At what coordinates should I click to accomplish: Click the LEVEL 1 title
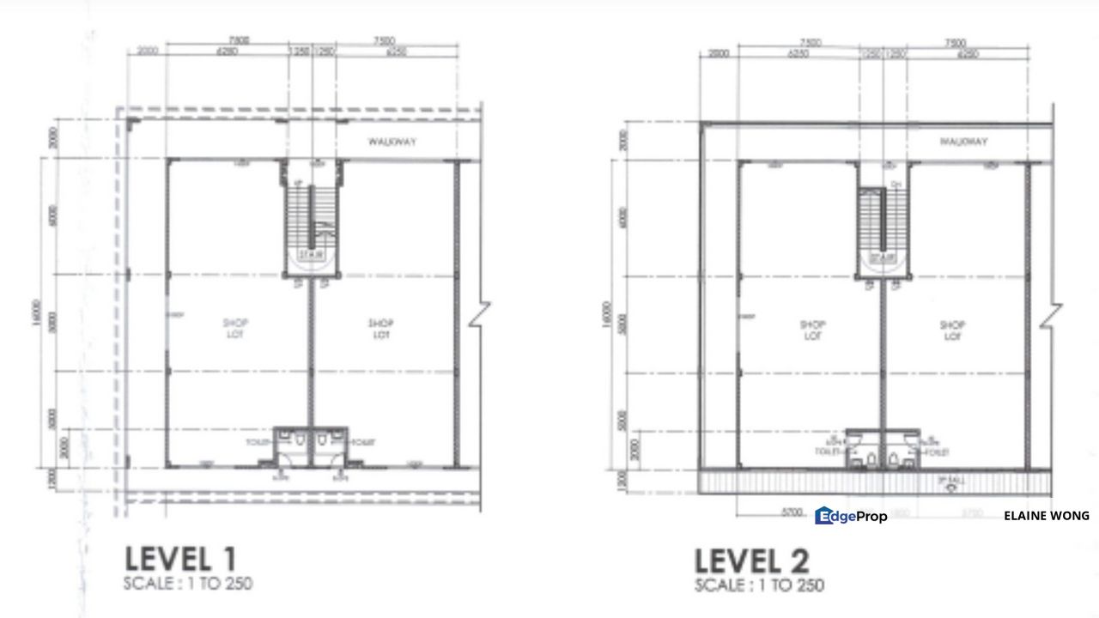(x=180, y=559)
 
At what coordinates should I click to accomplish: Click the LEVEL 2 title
(x=751, y=561)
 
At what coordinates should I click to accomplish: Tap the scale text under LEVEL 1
(x=189, y=585)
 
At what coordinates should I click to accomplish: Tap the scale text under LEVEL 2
(x=759, y=586)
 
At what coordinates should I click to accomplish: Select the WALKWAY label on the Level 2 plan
(x=963, y=142)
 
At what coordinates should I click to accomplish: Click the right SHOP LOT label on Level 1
(x=381, y=329)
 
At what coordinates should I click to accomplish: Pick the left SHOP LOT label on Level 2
(x=812, y=330)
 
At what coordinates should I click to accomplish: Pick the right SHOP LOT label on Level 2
(x=952, y=330)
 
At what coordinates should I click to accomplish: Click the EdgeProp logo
(x=850, y=516)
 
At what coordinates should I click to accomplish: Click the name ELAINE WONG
(x=1046, y=516)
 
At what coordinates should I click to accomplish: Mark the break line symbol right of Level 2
(x=1049, y=316)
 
